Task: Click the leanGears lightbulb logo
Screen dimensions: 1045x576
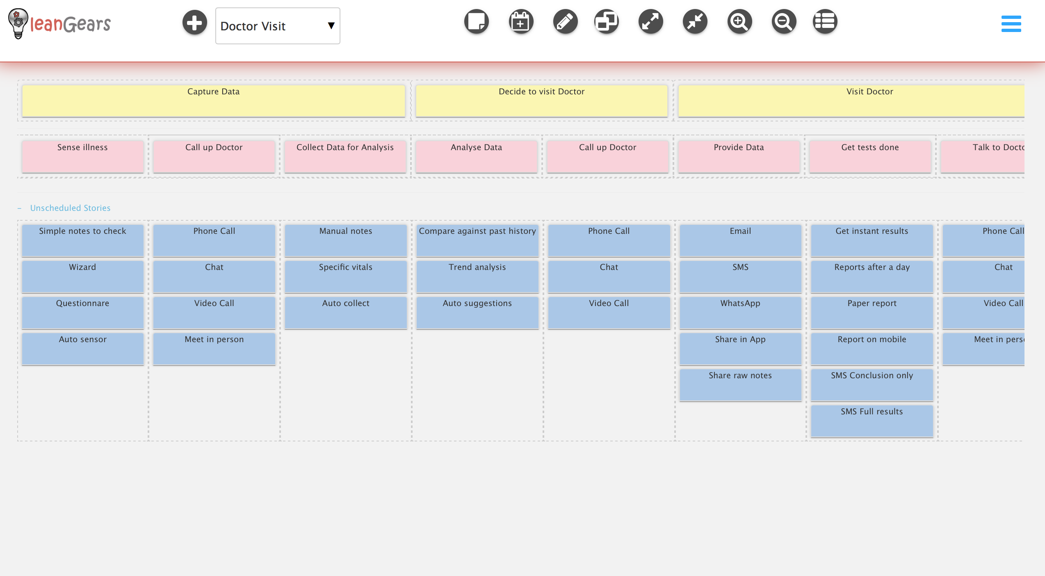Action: click(18, 24)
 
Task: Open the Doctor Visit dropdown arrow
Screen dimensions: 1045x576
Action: click(331, 26)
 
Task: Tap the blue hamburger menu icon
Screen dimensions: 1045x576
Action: click(1011, 24)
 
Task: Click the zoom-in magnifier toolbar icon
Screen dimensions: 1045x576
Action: click(739, 22)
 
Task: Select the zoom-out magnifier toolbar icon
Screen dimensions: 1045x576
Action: click(784, 22)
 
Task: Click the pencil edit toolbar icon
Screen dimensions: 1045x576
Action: click(565, 22)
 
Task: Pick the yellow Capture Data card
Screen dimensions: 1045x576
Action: click(214, 101)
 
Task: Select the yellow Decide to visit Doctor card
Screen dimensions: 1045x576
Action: click(542, 101)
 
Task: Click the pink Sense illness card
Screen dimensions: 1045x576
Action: click(83, 156)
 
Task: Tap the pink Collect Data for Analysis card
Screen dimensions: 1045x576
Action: click(345, 156)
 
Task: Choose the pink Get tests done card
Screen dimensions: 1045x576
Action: click(870, 156)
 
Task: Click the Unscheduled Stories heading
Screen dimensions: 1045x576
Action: click(70, 208)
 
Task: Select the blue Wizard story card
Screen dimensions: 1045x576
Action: click(83, 276)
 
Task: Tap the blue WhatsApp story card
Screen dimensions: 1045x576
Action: click(740, 312)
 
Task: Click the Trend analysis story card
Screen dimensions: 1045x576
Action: click(477, 276)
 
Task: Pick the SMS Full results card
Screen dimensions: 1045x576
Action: click(872, 421)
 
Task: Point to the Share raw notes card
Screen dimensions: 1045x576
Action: click(740, 384)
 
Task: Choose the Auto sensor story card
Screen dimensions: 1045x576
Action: click(83, 348)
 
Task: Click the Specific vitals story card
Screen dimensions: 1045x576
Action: click(346, 276)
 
